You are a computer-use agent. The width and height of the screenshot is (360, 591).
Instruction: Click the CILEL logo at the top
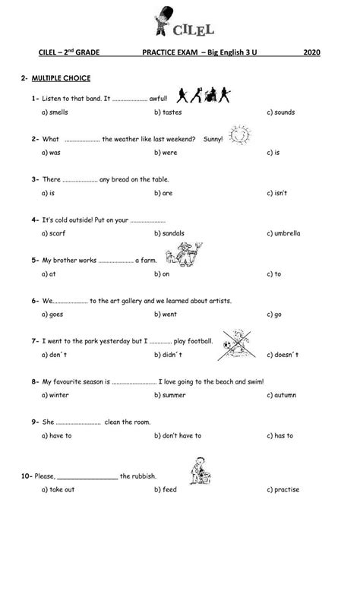coord(180,21)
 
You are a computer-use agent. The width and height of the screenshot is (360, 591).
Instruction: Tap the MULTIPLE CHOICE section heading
coord(60,78)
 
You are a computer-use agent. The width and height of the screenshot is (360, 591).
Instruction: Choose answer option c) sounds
coord(280,112)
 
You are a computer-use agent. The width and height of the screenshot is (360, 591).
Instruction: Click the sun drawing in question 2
coord(238,134)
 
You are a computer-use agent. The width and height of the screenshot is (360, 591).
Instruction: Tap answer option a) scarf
coord(55,233)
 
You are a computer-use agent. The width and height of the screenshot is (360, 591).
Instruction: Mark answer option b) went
coord(166,314)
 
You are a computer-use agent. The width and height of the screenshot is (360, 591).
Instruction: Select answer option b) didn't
coord(168,355)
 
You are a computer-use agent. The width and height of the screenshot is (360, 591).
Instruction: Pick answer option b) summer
coord(169,395)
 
